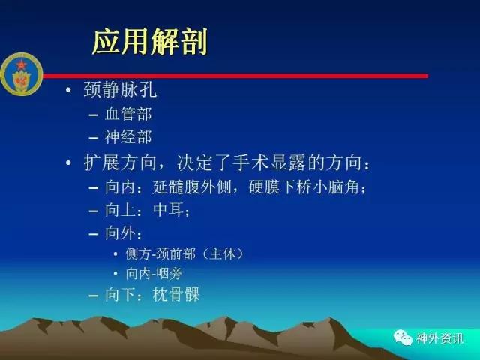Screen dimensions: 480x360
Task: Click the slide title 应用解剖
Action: click(x=150, y=42)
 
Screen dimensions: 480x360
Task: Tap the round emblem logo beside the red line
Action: click(x=22, y=74)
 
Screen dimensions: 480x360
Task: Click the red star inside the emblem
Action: click(x=21, y=65)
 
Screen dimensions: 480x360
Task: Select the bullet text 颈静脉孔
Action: click(x=120, y=89)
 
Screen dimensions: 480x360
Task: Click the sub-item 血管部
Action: click(x=128, y=114)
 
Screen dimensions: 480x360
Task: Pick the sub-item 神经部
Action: click(x=128, y=137)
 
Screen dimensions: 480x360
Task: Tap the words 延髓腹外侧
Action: click(x=192, y=187)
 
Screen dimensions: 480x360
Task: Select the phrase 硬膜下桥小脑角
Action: click(x=304, y=187)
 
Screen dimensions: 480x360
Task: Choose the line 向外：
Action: click(x=124, y=233)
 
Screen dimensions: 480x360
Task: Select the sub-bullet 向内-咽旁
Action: click(x=154, y=273)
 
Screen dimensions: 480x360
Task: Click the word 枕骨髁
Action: click(x=176, y=295)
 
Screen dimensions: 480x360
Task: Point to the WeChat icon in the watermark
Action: click(x=403, y=337)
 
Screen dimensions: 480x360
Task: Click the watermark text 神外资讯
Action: click(x=439, y=338)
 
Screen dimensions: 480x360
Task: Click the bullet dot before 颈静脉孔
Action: click(x=68, y=90)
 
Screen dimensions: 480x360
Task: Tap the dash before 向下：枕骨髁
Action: click(x=93, y=295)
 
